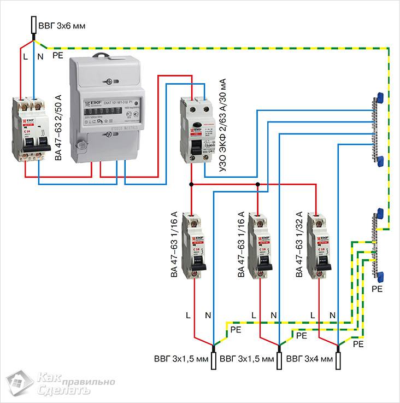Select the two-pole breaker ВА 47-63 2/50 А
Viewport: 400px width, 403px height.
pos(27,131)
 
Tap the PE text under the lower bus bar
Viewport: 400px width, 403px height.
pos(377,288)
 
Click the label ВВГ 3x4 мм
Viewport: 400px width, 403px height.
pos(309,359)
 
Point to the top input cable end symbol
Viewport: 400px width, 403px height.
pos(34,25)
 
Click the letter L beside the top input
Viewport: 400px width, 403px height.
pos(25,56)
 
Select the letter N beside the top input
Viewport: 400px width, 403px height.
pos(40,56)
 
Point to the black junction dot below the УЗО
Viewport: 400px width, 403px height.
pos(191,184)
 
